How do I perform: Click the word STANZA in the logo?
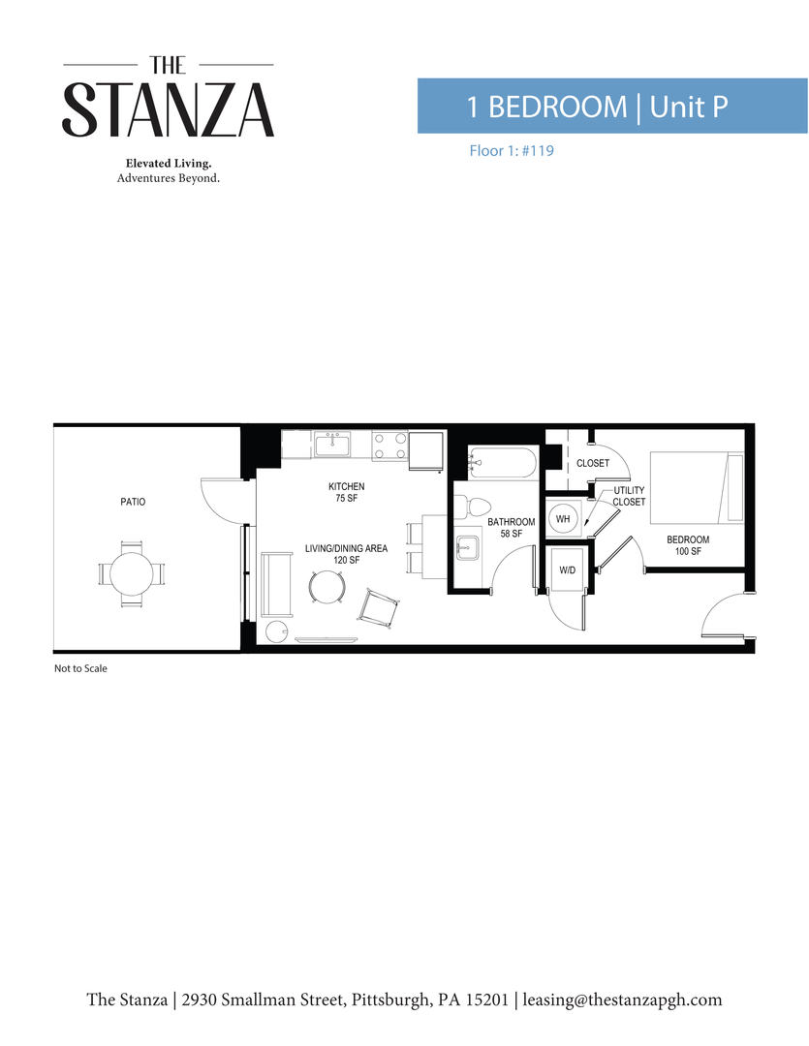click(x=169, y=109)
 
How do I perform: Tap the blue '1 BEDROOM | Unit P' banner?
click(x=611, y=107)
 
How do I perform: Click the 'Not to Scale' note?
click(x=80, y=668)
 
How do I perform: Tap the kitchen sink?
click(x=333, y=446)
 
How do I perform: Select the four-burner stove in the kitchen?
click(x=389, y=446)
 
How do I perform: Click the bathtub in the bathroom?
click(x=501, y=463)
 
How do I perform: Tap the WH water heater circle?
click(x=563, y=520)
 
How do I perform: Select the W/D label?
click(x=567, y=570)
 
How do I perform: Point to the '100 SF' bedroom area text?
click(x=688, y=552)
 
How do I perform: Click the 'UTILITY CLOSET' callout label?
click(x=629, y=496)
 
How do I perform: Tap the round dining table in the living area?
click(x=327, y=586)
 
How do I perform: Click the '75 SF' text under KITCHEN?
click(x=346, y=498)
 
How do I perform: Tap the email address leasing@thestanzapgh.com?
click(x=623, y=1000)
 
